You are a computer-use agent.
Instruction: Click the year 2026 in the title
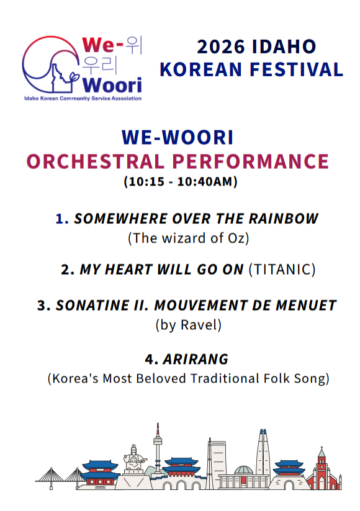(x=221, y=47)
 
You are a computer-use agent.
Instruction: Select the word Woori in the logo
(x=112, y=86)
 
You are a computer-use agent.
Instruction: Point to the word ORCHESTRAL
(x=96, y=162)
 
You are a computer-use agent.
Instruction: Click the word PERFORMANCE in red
(x=250, y=162)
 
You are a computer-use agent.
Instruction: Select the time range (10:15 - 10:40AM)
(x=181, y=182)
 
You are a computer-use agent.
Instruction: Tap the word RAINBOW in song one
(x=284, y=219)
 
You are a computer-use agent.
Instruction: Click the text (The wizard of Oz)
(x=189, y=238)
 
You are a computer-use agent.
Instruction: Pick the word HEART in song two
(x=128, y=270)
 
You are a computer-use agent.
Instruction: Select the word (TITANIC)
(x=282, y=270)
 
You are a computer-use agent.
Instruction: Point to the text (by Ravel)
(x=189, y=325)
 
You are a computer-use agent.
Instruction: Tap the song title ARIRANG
(x=196, y=360)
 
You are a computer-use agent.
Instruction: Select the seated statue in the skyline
(x=133, y=458)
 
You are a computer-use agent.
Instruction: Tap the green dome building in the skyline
(x=243, y=470)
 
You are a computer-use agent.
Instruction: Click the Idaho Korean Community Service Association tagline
(x=83, y=99)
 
